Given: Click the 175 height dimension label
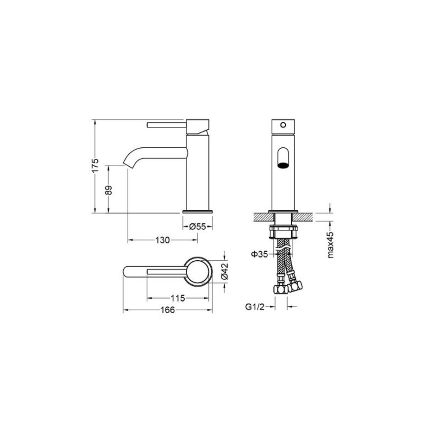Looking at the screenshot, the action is coord(95,165).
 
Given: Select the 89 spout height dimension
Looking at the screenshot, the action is coord(108,190).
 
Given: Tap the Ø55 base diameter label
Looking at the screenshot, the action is coord(198,226).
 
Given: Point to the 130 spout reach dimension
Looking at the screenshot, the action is coord(163,240).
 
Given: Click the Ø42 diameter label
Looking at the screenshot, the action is coord(225,271).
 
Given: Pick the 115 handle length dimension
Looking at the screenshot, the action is coord(178,298).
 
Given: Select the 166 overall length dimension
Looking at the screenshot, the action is coord(168,310).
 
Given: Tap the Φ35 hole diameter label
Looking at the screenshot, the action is coord(259,254).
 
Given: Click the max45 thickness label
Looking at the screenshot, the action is coord(331,245).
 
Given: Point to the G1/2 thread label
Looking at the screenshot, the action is coord(255,307).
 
